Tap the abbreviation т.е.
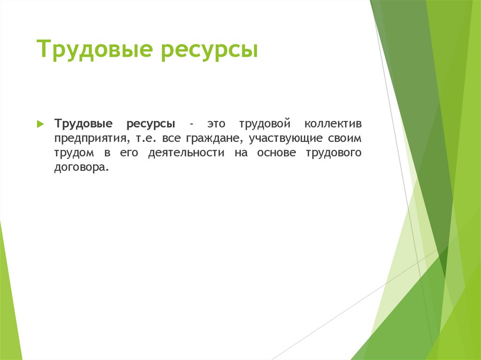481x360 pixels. click(x=140, y=139)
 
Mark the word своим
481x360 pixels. click(x=347, y=139)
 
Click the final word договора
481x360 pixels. click(x=80, y=168)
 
